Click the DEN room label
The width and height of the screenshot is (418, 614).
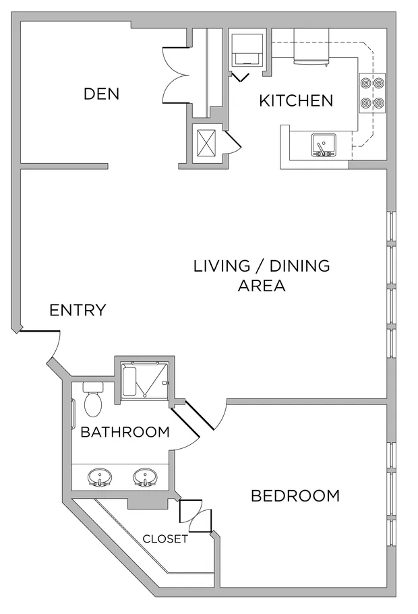[101, 94]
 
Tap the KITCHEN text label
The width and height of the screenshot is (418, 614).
[296, 101]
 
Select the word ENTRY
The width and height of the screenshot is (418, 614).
[78, 310]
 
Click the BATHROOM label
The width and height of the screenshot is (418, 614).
[125, 432]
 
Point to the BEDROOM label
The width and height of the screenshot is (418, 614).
[295, 497]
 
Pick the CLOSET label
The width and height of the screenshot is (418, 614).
[165, 539]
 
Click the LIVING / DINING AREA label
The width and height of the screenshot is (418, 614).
[262, 275]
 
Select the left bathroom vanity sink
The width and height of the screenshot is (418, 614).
[100, 478]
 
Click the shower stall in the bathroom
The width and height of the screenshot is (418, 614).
[145, 381]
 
